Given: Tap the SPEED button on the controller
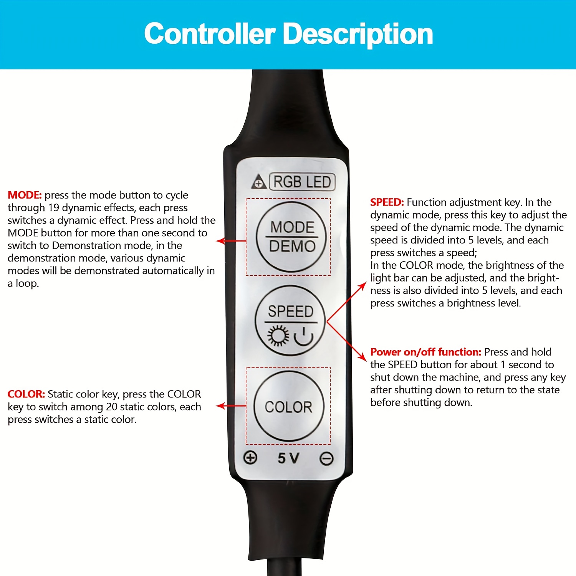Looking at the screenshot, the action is coord(290,320).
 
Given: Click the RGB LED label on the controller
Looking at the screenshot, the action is coord(302,182).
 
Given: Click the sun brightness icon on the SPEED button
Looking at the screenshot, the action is coord(278,336).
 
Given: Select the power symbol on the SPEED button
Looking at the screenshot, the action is coord(304,336).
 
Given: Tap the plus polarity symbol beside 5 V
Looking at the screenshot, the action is coord(250,457).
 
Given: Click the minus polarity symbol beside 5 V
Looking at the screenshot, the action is coord(327,458).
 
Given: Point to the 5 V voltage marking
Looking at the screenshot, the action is coord(288,458).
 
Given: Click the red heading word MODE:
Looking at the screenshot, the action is coord(25,195).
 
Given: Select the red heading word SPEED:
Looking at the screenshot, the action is coord(387,202).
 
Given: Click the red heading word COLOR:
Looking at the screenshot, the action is coord(26,394).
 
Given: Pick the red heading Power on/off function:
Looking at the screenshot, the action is coord(425,352).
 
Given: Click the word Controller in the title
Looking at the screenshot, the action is coord(210,34).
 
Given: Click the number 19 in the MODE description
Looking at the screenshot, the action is coord(53,208).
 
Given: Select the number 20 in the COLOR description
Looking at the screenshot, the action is coord(111,407).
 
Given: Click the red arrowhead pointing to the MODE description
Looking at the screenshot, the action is coord(220,241).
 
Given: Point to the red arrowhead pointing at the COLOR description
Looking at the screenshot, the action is coord(220,406).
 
